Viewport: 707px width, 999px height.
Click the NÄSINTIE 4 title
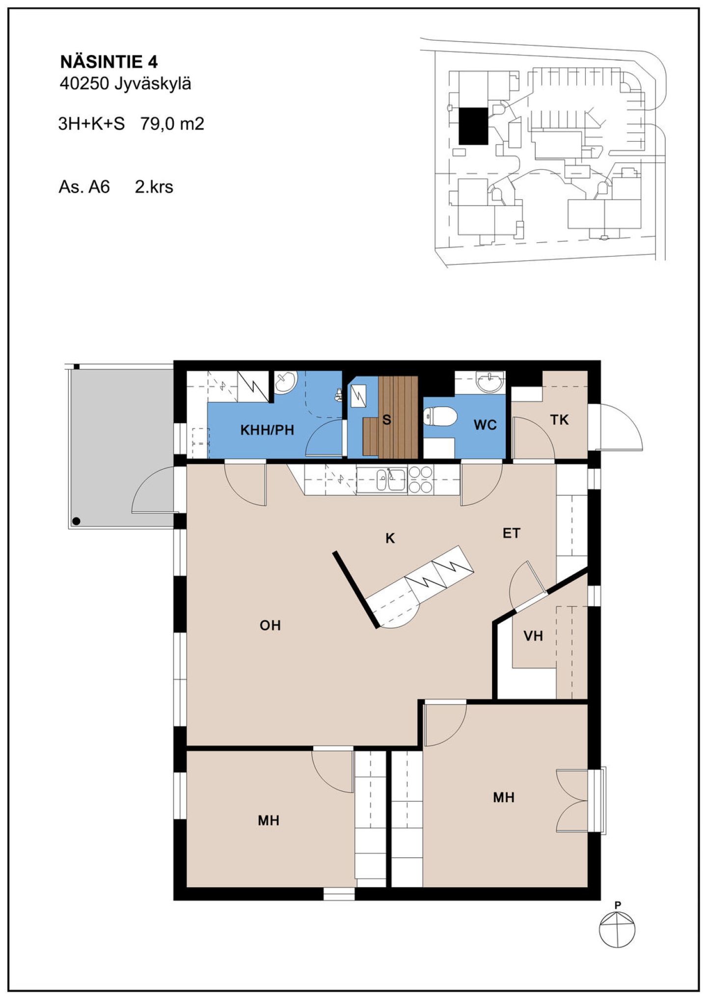pyautogui.click(x=109, y=62)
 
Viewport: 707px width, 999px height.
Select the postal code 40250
pyautogui.click(x=84, y=84)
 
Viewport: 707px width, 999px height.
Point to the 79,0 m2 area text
pyautogui.click(x=172, y=124)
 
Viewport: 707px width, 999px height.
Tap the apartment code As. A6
pyautogui.click(x=84, y=187)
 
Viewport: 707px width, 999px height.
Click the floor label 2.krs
pyautogui.click(x=154, y=187)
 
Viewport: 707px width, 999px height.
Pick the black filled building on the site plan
pyautogui.click(x=473, y=126)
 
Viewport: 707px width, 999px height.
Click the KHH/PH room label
pyautogui.click(x=267, y=430)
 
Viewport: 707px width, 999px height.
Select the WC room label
pyautogui.click(x=485, y=425)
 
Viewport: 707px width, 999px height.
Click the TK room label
pyautogui.click(x=559, y=420)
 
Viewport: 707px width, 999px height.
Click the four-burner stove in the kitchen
pyautogui.click(x=421, y=479)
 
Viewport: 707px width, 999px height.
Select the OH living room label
pyautogui.click(x=270, y=625)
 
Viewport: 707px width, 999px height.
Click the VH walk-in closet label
pyautogui.click(x=533, y=636)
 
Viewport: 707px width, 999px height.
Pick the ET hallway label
pyautogui.click(x=511, y=533)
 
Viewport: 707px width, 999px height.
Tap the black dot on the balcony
pyautogui.click(x=76, y=521)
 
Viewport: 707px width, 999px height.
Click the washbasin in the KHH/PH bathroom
pyautogui.click(x=285, y=382)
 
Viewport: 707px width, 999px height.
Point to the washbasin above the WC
pyautogui.click(x=490, y=382)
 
